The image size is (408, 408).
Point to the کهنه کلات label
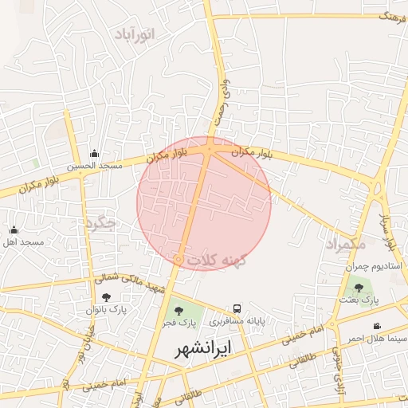[218, 261]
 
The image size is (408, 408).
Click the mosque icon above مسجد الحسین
[94, 154]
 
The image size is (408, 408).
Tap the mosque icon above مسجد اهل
[14, 229]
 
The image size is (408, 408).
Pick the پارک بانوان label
[107, 308]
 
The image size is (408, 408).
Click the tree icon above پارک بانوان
[107, 297]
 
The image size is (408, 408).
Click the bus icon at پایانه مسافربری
[237, 309]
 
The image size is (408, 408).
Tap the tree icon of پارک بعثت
[359, 288]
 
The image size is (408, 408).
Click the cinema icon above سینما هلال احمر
[376, 327]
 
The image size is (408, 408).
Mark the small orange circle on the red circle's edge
[178, 260]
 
